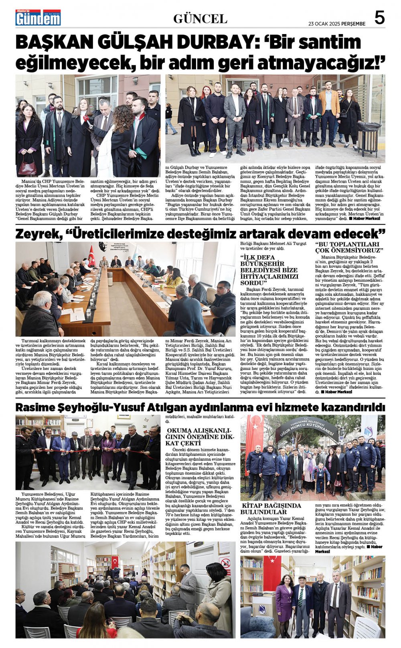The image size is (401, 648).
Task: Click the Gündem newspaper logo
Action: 38,17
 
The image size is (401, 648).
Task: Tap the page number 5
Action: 379,18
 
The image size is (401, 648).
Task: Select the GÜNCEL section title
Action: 200,18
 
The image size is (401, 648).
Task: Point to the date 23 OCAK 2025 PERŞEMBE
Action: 337,23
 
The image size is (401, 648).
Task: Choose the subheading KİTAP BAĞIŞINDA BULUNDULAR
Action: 271,508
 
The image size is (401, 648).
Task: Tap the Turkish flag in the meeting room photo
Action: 91,255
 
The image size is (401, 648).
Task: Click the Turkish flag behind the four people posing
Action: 272,575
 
